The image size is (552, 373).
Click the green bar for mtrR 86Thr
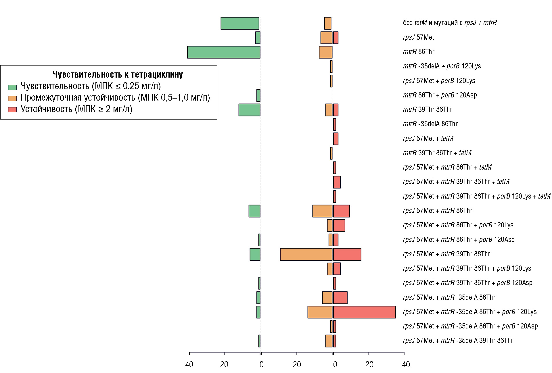[x=224, y=52]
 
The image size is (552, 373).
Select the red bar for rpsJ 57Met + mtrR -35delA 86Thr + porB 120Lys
[x=364, y=312]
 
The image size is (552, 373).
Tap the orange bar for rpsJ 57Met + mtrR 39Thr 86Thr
[x=306, y=254]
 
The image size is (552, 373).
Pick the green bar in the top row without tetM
[x=240, y=23]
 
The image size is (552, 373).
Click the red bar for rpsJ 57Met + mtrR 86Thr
[x=341, y=211]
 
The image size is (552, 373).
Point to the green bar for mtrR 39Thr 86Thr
[x=249, y=110]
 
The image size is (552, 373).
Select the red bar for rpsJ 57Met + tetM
[x=336, y=139]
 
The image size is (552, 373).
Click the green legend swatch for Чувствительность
[x=12, y=87]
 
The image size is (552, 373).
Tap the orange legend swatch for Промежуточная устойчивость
[x=12, y=98]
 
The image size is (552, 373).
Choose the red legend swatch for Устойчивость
[x=12, y=109]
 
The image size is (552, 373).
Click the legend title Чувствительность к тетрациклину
[x=118, y=75]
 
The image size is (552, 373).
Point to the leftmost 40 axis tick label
[x=189, y=365]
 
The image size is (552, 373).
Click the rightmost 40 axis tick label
[x=406, y=365]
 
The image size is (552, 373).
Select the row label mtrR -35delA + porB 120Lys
[x=442, y=66]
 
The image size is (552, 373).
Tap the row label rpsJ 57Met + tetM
[x=428, y=139]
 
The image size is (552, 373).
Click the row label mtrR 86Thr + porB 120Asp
[x=440, y=95]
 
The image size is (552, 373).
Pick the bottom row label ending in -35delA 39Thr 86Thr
[x=458, y=341]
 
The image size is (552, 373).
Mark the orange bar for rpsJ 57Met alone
[x=326, y=38]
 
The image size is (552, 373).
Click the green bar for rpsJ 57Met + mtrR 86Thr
[x=254, y=211]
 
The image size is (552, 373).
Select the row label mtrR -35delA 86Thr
[x=430, y=124]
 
